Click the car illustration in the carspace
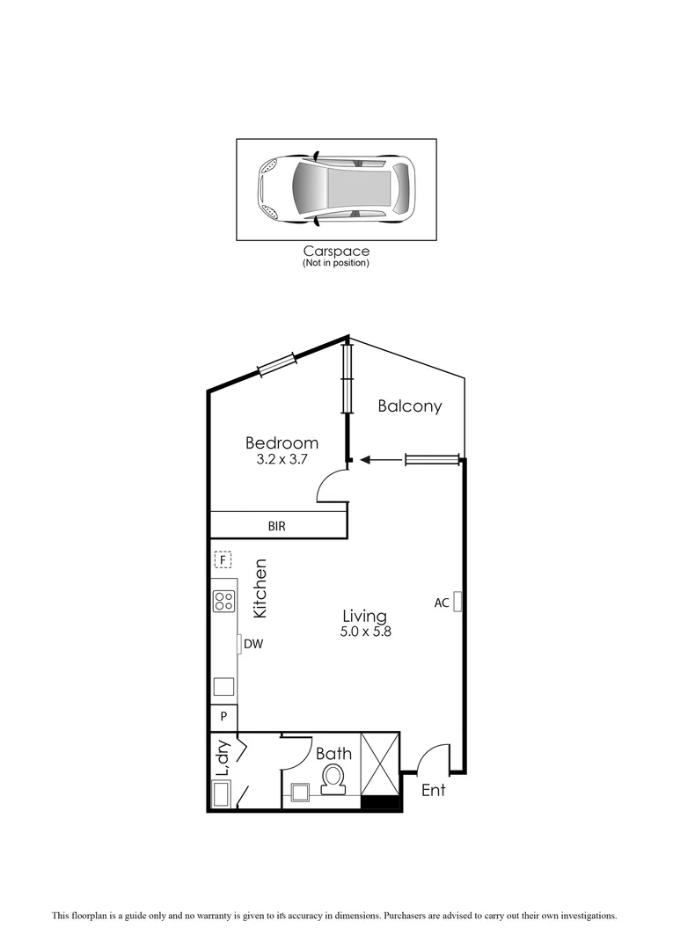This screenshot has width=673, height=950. (x=335, y=189)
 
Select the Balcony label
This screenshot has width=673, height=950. (x=409, y=406)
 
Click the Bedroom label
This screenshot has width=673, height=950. (x=282, y=442)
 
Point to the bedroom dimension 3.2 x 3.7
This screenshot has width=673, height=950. (x=282, y=459)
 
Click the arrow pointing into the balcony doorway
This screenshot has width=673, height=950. (x=378, y=459)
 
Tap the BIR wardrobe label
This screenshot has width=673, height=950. (x=277, y=526)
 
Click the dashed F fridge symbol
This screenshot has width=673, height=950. (x=223, y=559)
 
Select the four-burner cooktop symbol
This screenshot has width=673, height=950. (x=223, y=602)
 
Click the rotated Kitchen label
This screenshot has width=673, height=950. (x=260, y=588)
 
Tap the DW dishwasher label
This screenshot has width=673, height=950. (x=253, y=644)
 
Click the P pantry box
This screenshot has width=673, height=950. (x=223, y=716)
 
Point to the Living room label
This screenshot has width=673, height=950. (x=363, y=617)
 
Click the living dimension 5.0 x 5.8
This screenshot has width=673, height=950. (x=363, y=632)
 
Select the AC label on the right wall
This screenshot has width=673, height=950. (x=442, y=603)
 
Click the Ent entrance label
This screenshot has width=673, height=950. (x=433, y=790)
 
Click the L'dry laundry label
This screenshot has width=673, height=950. (x=223, y=757)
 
